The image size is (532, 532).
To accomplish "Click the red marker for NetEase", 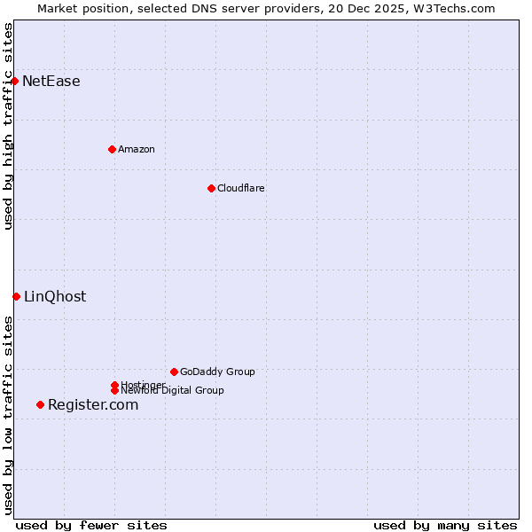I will point(15,82).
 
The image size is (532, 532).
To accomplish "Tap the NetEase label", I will point(51,82).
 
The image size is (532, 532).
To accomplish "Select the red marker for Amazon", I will point(112,149).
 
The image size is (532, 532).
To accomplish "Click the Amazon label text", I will point(137,149).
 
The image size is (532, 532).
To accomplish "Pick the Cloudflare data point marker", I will point(211,188).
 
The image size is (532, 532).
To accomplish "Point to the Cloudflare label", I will point(241,188).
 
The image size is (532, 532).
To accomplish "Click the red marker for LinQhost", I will point(17,296).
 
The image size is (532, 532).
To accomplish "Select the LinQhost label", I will point(55,297).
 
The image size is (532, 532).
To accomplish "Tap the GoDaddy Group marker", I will point(174,372).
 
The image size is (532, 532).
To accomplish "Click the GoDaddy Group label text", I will point(217,372).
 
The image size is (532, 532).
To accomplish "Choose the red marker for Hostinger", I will point(114,385).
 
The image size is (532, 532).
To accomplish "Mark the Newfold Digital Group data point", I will point(114,391).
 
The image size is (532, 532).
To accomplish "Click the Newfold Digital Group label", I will point(173,391).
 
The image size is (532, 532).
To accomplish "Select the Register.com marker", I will point(40,405).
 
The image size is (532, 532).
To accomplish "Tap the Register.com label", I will point(93,405).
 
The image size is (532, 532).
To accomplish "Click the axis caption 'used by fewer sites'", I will point(91,525).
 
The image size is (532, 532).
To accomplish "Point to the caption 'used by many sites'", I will point(445,525).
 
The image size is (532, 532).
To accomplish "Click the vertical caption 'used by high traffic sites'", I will point(8,126).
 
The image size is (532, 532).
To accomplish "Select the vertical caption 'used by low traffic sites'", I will point(8,415).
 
